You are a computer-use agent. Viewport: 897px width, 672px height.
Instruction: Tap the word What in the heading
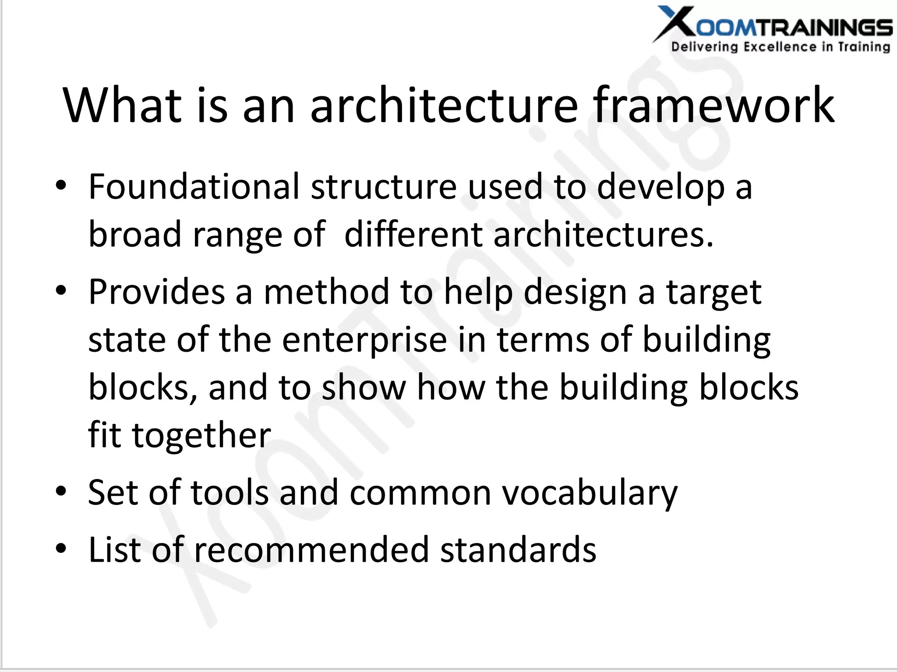122,105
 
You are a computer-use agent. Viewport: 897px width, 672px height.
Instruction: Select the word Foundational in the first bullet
194,187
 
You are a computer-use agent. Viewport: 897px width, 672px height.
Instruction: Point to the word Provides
157,292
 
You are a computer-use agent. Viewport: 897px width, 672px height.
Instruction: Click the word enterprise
364,340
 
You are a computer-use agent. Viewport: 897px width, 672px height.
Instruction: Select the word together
201,435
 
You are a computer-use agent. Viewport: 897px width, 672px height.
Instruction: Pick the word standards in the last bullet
518,550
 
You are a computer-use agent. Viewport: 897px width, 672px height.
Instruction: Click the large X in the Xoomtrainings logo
675,23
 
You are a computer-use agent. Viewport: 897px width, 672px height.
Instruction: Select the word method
326,292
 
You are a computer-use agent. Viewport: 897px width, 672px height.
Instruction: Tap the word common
420,493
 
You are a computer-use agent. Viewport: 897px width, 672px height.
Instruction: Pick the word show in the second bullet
364,388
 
